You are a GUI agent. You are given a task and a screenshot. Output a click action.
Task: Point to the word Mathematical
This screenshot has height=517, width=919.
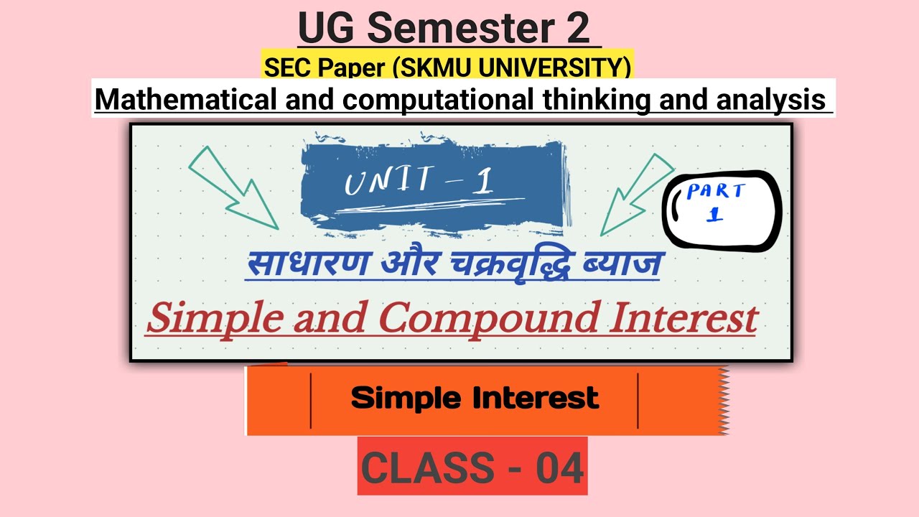(185, 99)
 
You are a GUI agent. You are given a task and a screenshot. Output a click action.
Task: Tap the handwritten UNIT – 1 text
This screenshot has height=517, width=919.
(420, 182)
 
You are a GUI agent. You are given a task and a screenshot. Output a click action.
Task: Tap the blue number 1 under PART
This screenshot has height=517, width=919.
(714, 215)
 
